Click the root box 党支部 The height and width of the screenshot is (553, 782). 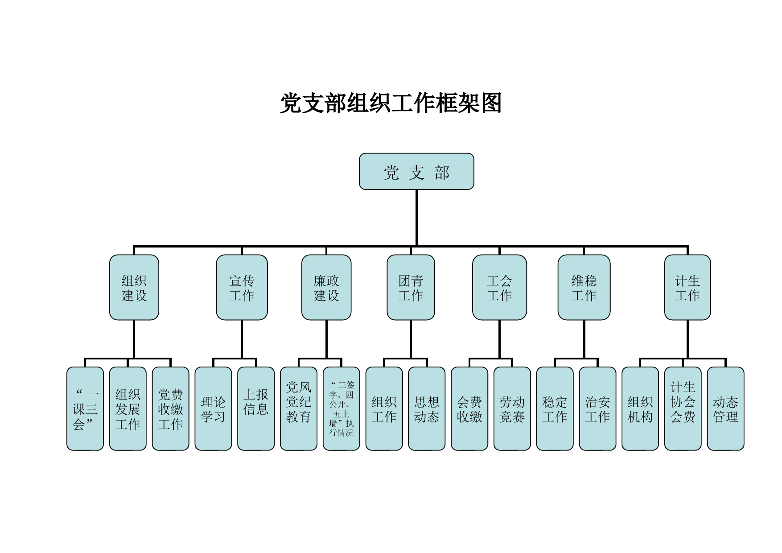(416, 172)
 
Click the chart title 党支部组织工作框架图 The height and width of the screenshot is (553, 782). (391, 103)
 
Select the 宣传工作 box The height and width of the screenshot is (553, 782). (242, 288)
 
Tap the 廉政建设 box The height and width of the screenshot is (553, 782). (326, 288)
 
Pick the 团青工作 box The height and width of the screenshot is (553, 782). (411, 288)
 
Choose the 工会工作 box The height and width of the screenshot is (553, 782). (499, 288)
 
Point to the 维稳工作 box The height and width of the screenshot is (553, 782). (584, 288)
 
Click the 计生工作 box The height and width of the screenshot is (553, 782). (687, 288)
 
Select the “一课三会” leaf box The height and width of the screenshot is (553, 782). (85, 409)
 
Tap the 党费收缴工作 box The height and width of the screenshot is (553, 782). (170, 409)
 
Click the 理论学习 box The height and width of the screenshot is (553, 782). (213, 409)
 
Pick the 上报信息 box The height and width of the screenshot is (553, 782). (256, 409)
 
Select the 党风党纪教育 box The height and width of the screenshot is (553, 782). (299, 409)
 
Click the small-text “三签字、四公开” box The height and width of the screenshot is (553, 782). (341, 409)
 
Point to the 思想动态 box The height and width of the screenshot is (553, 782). (427, 409)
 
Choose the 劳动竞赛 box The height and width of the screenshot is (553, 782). (512, 409)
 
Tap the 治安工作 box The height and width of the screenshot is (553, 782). (597, 409)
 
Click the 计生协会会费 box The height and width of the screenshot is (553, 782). (683, 409)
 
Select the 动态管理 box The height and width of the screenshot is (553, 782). (725, 409)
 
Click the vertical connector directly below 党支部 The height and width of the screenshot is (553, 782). (416, 218)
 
